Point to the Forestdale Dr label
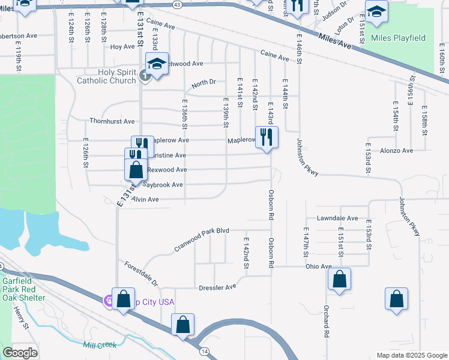[140, 274]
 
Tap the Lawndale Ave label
[340, 218]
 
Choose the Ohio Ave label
[318, 266]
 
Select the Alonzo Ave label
[397, 151]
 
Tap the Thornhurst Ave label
[112, 121]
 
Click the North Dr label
[203, 85]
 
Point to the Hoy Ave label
[122, 46]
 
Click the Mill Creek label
[100, 345]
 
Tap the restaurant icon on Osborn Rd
[267, 137]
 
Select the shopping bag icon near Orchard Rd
[339, 279]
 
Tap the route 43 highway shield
[176, 4]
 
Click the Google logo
[20, 353]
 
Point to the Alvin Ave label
[145, 199]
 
